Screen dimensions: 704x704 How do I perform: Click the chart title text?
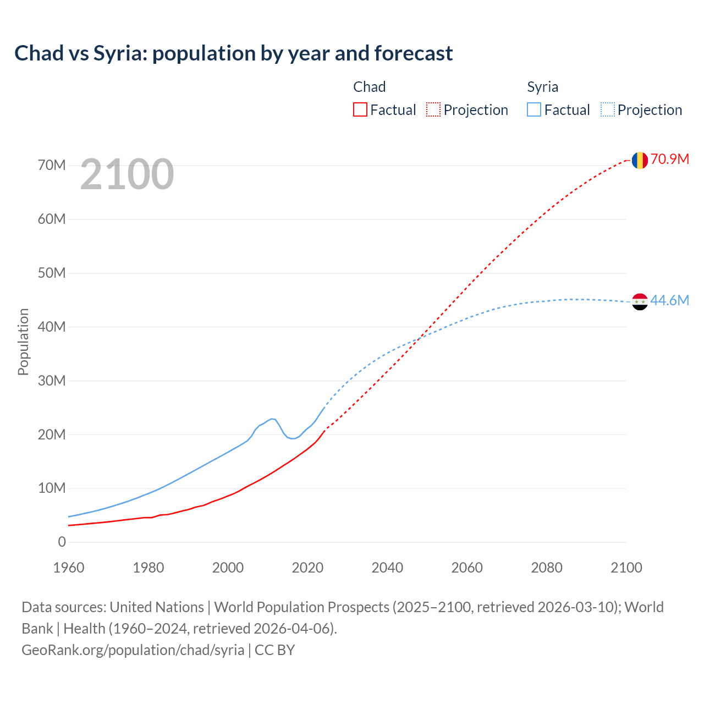coord(234,53)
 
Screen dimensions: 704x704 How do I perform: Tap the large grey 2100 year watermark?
coord(127,174)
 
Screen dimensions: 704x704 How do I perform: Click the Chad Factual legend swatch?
coord(360,109)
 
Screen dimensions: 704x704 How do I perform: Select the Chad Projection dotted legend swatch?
coord(433,109)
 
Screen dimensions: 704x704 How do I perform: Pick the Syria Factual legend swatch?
coord(533,109)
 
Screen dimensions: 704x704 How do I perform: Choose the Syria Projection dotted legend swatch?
coord(607,109)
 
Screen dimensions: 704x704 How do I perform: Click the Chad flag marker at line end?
coord(639,160)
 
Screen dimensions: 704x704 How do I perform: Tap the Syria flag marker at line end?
coord(639,301)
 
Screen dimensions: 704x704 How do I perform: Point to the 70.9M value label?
coord(669,159)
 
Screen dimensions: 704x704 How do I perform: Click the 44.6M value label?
coord(669,301)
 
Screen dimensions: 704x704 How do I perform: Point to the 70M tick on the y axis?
coord(52,166)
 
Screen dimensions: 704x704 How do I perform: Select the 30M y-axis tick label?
coord(52,381)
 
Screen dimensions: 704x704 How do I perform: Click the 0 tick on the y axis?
coord(62,542)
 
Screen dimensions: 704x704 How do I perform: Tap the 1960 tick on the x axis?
coord(69,568)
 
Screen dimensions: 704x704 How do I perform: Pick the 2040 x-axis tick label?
coord(387,568)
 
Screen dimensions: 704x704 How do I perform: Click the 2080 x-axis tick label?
coord(547,568)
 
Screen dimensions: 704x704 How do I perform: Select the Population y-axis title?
coord(23,342)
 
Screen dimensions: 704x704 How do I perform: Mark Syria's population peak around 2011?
coord(272,419)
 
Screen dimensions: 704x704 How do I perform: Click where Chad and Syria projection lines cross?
coord(419,338)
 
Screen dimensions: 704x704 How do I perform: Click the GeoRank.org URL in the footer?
coord(133,650)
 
